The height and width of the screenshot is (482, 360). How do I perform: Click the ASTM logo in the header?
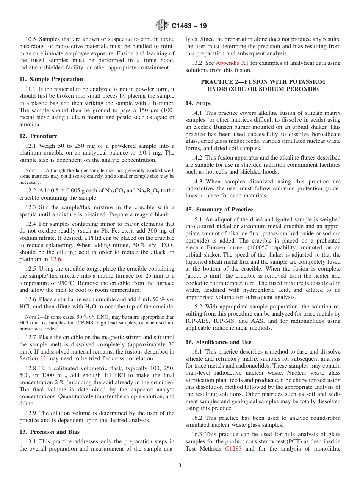point(162,25)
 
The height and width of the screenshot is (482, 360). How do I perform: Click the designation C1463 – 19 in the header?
point(189,26)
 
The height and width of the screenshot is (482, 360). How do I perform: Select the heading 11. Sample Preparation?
point(51,79)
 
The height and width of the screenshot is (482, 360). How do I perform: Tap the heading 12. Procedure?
point(38,136)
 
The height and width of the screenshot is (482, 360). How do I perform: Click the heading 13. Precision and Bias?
point(49,432)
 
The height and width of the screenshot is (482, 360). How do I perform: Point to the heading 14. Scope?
point(199,103)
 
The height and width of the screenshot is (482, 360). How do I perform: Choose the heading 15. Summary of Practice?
point(219,210)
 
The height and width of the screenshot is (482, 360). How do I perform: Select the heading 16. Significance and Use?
point(218,342)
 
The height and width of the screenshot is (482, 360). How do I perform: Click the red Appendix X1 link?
point(232,63)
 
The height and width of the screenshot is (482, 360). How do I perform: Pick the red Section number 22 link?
point(43,358)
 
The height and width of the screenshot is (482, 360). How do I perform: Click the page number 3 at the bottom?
point(180,466)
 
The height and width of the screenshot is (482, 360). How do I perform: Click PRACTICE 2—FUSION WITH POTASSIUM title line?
point(263,82)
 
